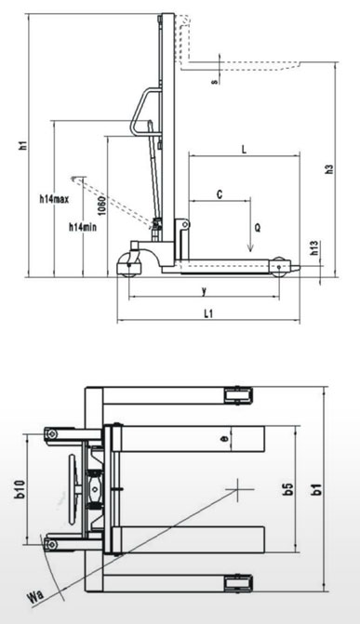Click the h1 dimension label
[x=24, y=145]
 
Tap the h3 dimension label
[x=329, y=169]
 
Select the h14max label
[x=54, y=199]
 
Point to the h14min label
[x=83, y=228]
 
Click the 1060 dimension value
[x=102, y=206]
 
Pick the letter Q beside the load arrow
[x=258, y=228]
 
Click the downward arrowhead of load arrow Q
[x=250, y=248]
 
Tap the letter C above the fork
[x=220, y=194]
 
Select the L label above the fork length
[x=244, y=150]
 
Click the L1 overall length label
[x=208, y=313]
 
